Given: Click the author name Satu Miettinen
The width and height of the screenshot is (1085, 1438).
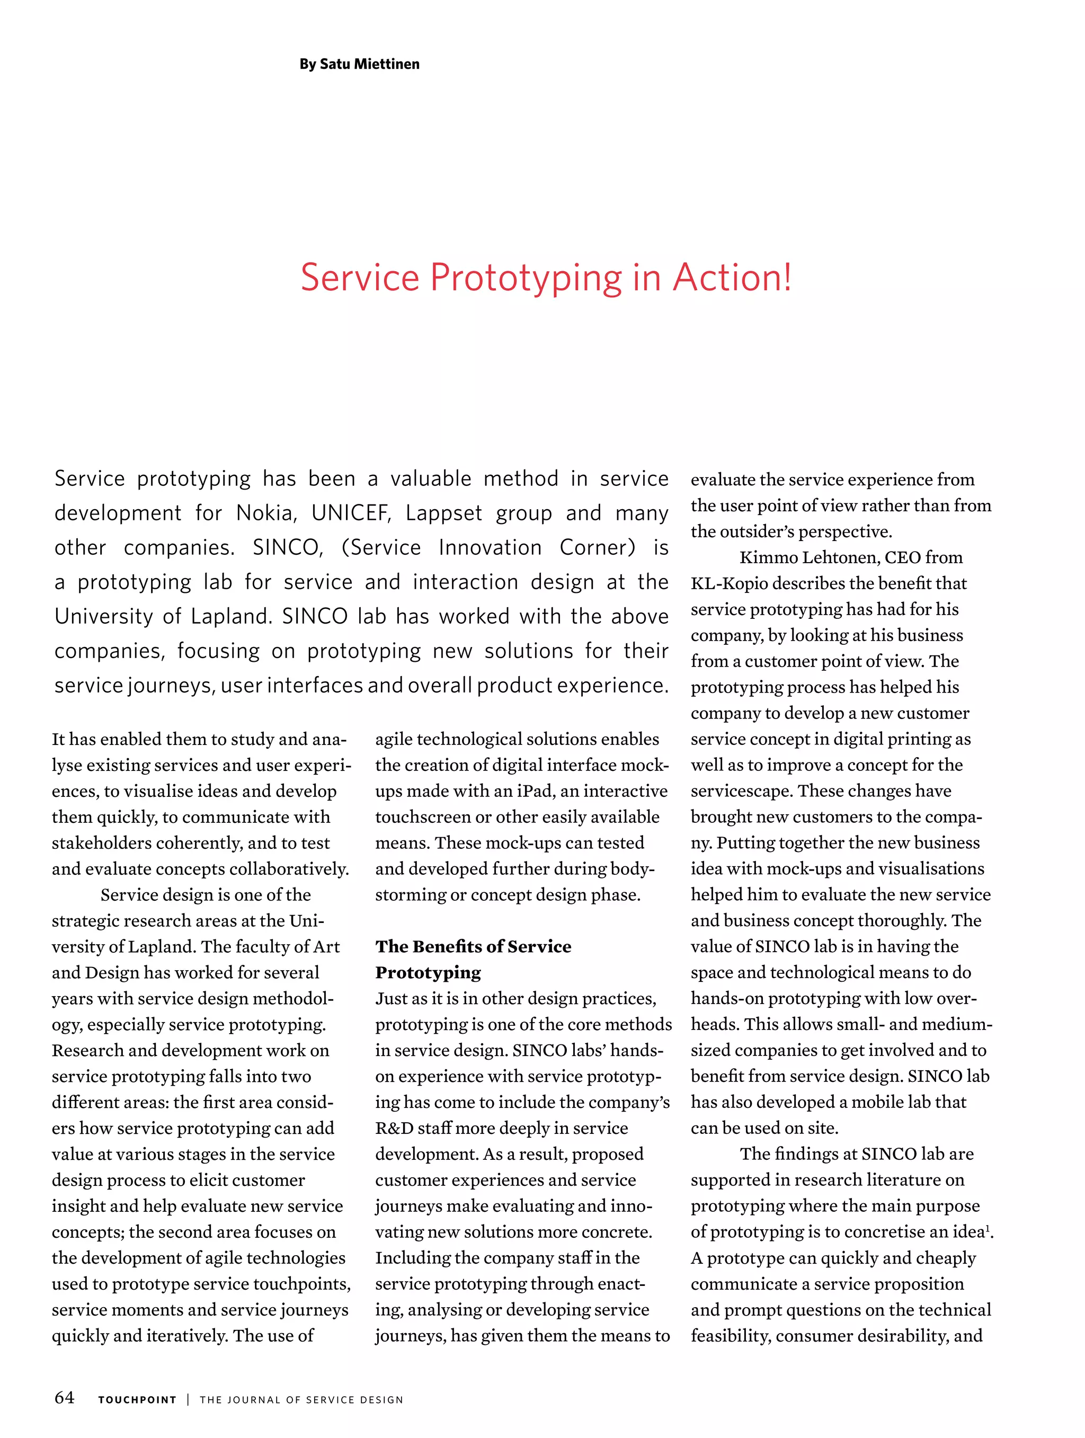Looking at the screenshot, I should tap(369, 64).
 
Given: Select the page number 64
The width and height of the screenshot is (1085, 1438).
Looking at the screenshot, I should tap(64, 1398).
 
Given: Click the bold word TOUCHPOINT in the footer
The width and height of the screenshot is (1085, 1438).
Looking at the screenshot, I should tap(137, 1400).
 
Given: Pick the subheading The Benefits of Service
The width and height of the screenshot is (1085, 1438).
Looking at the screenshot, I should tap(473, 946).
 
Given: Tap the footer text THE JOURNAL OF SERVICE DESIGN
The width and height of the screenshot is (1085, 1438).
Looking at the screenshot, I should tap(301, 1400).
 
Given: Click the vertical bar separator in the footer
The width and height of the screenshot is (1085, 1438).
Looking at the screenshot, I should tap(188, 1400).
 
